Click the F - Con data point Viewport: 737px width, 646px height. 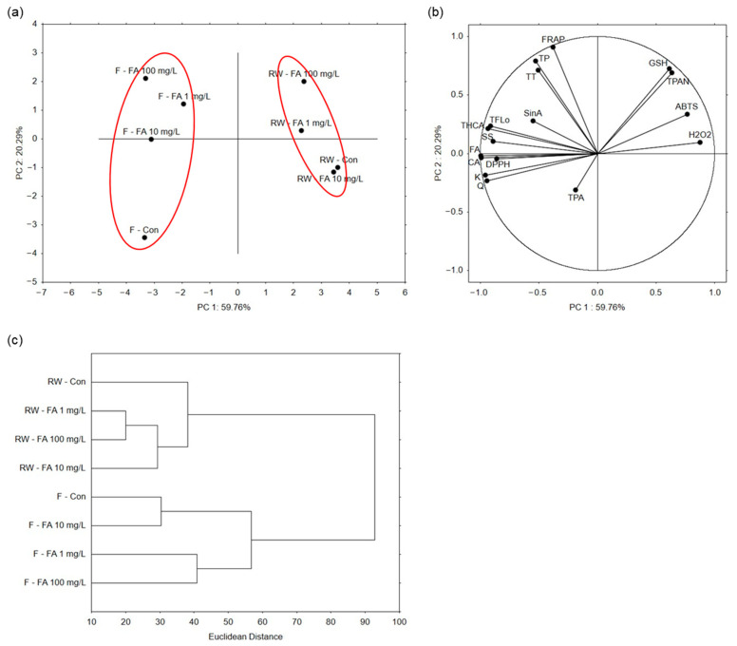pyautogui.click(x=144, y=237)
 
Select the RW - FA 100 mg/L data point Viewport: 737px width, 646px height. pyautogui.click(x=304, y=82)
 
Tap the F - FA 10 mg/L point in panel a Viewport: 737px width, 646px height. pyautogui.click(x=151, y=139)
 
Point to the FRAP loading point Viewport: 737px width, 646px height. pyautogui.click(x=553, y=47)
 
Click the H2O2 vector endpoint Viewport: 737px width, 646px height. pyautogui.click(x=700, y=142)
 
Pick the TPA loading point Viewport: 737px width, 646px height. pyautogui.click(x=576, y=190)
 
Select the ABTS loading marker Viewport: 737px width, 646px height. pyautogui.click(x=688, y=114)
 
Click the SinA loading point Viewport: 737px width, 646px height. pyautogui.click(x=533, y=121)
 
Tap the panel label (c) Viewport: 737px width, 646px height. pyautogui.click(x=15, y=340)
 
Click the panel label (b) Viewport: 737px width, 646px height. pyautogui.click(x=436, y=12)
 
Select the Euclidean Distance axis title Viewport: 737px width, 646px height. pyautogui.click(x=245, y=636)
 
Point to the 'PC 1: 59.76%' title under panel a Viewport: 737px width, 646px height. pyautogui.click(x=224, y=308)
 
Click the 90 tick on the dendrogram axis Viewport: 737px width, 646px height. pyautogui.click(x=366, y=622)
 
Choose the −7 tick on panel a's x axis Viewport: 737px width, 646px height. pyautogui.click(x=42, y=293)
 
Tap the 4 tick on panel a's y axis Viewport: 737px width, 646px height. pyautogui.click(x=34, y=24)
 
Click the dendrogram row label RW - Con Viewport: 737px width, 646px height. pyautogui.click(x=66, y=382)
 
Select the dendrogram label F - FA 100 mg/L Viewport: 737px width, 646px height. pyautogui.click(x=55, y=582)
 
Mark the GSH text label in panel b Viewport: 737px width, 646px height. pyautogui.click(x=658, y=63)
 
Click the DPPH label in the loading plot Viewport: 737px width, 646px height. pyautogui.click(x=498, y=164)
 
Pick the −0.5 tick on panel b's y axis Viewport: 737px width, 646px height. pyautogui.click(x=454, y=212)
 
